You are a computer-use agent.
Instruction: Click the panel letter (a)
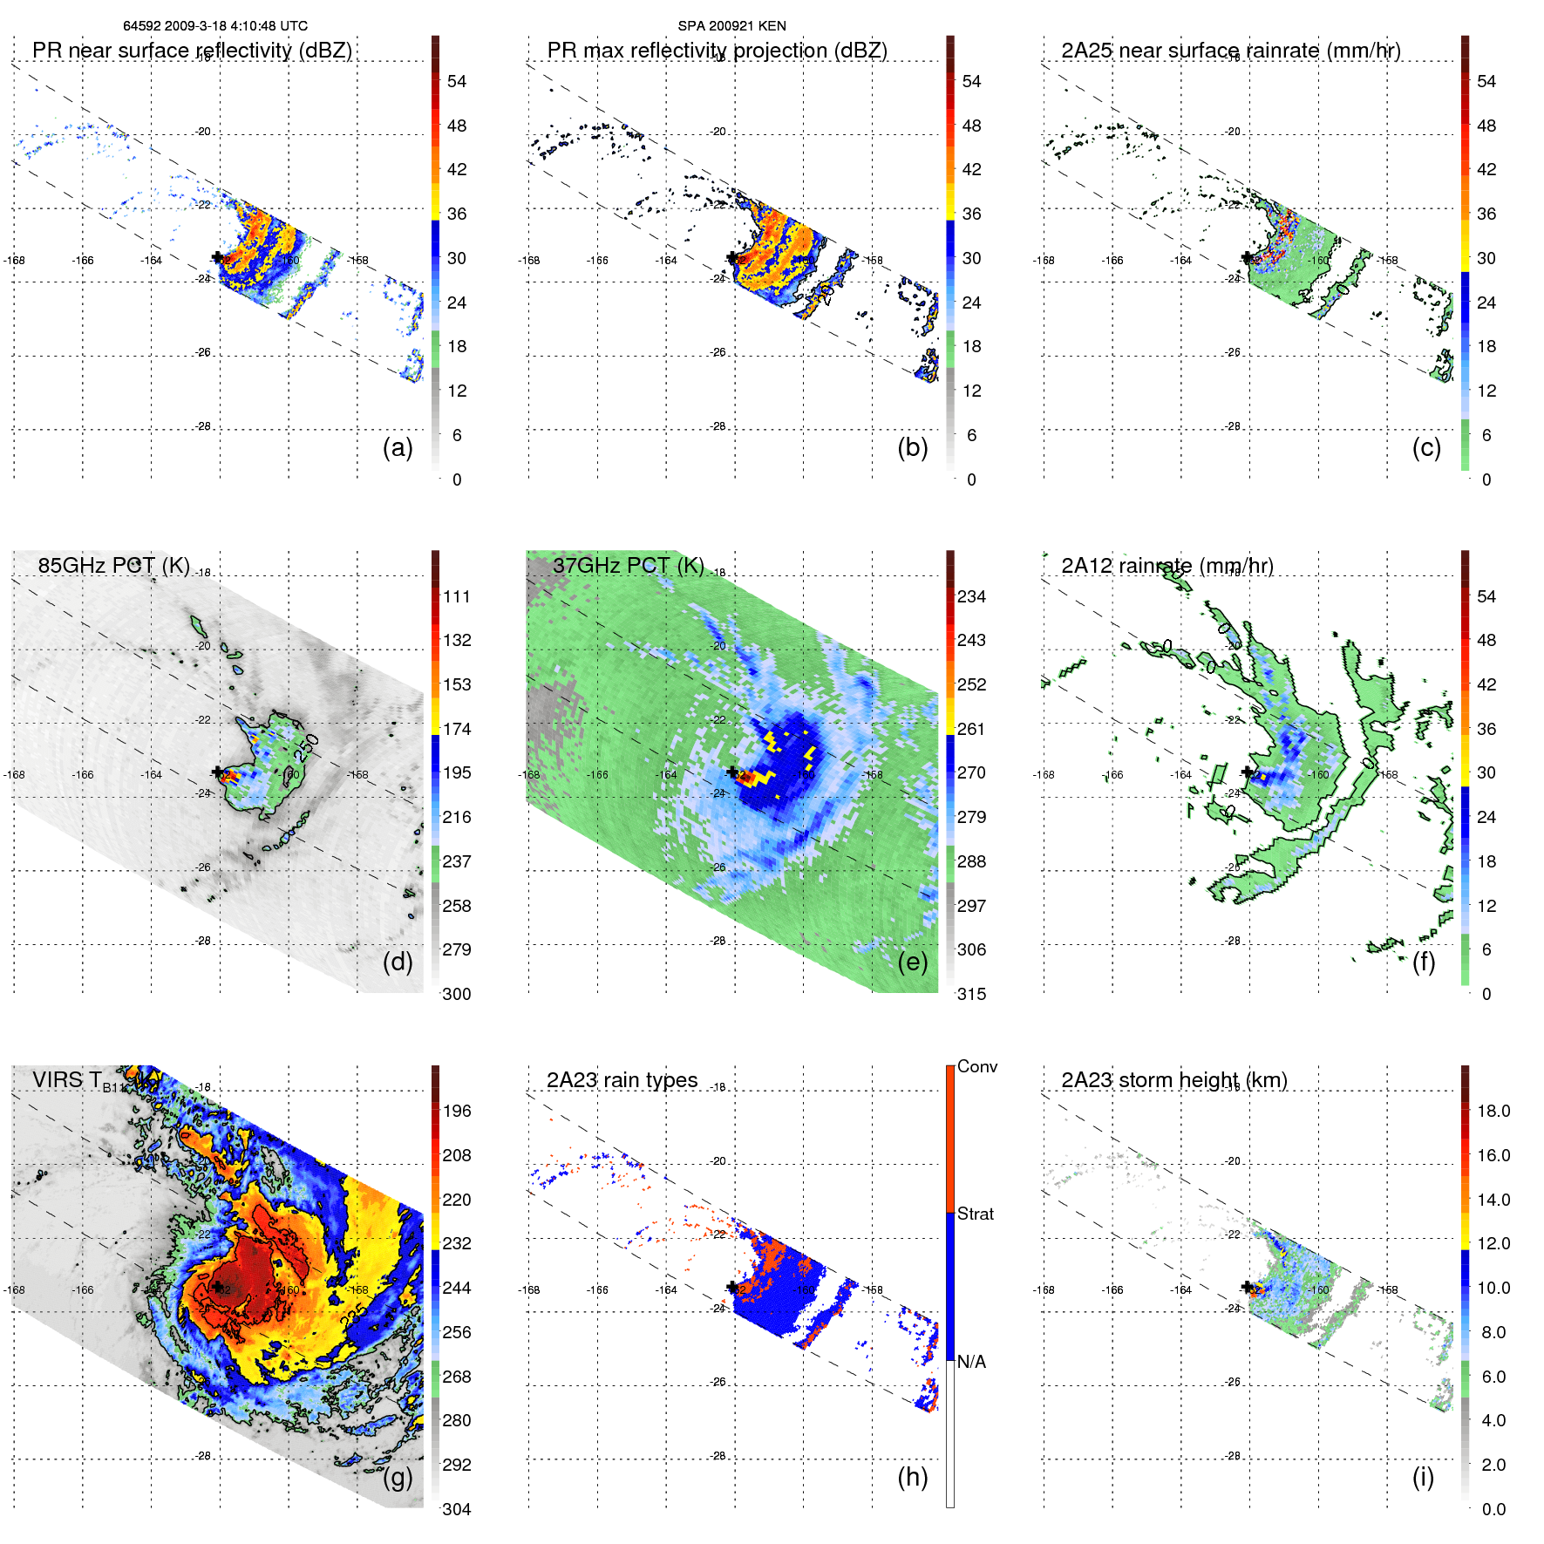(x=398, y=447)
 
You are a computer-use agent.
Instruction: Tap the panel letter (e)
(x=912, y=962)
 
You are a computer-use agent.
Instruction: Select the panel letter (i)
(x=1423, y=1477)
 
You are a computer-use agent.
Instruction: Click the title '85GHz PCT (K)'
(x=113, y=565)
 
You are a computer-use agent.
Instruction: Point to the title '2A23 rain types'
(x=622, y=1080)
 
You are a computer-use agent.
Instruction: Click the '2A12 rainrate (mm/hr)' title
(x=1167, y=566)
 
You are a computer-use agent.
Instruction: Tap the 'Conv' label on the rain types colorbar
(x=976, y=1066)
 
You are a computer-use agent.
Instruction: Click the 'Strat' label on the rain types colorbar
(x=976, y=1214)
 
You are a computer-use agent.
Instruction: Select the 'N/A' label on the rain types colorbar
(x=971, y=1362)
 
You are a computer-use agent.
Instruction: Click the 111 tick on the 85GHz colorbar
(x=457, y=596)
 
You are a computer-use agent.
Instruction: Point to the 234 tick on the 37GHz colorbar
(x=971, y=596)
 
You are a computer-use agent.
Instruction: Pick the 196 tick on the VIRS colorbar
(x=457, y=1111)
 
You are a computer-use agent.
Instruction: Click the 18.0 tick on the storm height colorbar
(x=1493, y=1111)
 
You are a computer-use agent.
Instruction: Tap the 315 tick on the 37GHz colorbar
(x=971, y=994)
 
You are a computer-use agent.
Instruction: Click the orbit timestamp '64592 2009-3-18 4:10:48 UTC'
(x=215, y=26)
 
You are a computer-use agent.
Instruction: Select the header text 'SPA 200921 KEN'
(x=732, y=26)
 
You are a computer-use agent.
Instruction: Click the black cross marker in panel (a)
(x=217, y=257)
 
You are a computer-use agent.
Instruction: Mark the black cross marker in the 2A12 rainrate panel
(x=1247, y=772)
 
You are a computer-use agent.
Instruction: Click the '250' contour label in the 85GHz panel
(x=307, y=747)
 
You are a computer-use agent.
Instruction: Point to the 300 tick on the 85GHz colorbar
(x=457, y=994)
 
